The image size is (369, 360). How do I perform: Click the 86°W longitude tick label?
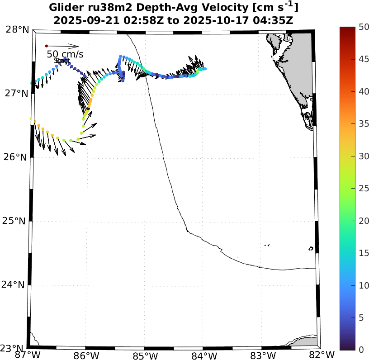point(86,355)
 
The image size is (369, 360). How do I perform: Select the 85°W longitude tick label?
point(144,355)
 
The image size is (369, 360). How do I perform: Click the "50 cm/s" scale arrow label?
point(65,55)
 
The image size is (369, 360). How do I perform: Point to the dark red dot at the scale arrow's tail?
point(46,46)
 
